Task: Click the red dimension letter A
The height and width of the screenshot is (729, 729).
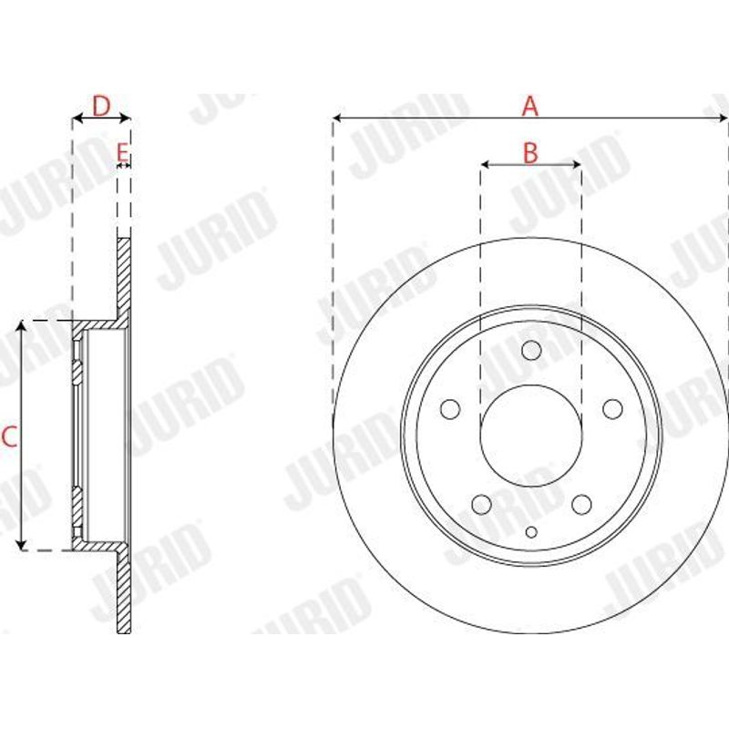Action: [530, 106]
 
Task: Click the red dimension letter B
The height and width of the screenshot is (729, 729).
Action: [530, 152]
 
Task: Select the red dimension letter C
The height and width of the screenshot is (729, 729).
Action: [9, 437]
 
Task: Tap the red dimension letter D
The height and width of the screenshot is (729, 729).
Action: [101, 106]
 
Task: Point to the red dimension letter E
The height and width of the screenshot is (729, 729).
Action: [122, 152]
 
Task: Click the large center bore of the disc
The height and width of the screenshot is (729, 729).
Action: [531, 436]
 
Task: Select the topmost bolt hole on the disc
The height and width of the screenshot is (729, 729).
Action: [531, 351]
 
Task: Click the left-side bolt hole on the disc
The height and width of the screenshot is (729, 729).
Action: [450, 409]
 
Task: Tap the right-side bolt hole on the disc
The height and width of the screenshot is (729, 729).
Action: [612, 409]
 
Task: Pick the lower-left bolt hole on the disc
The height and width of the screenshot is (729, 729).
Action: [481, 505]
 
